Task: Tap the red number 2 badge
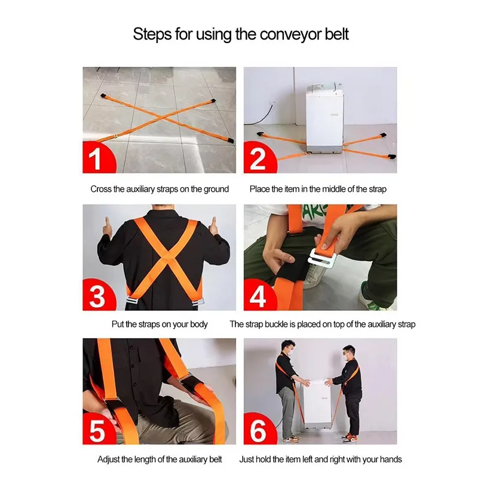coord(258,158)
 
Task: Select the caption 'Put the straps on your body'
coord(160,324)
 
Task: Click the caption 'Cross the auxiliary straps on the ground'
coord(160,189)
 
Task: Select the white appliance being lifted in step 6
coord(317,403)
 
